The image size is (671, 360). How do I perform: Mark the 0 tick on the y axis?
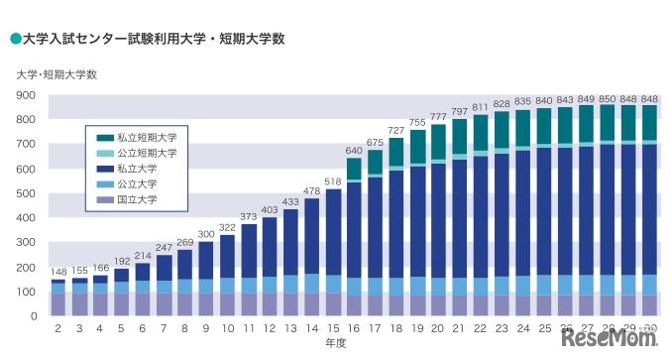(x=33, y=315)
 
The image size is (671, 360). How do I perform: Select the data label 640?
(x=354, y=151)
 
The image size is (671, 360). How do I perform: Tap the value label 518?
(x=333, y=181)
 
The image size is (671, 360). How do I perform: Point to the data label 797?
(x=459, y=112)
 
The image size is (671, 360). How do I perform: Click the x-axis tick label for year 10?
(x=228, y=328)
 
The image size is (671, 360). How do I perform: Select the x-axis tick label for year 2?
(x=58, y=328)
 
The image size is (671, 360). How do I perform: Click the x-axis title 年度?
(x=336, y=343)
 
